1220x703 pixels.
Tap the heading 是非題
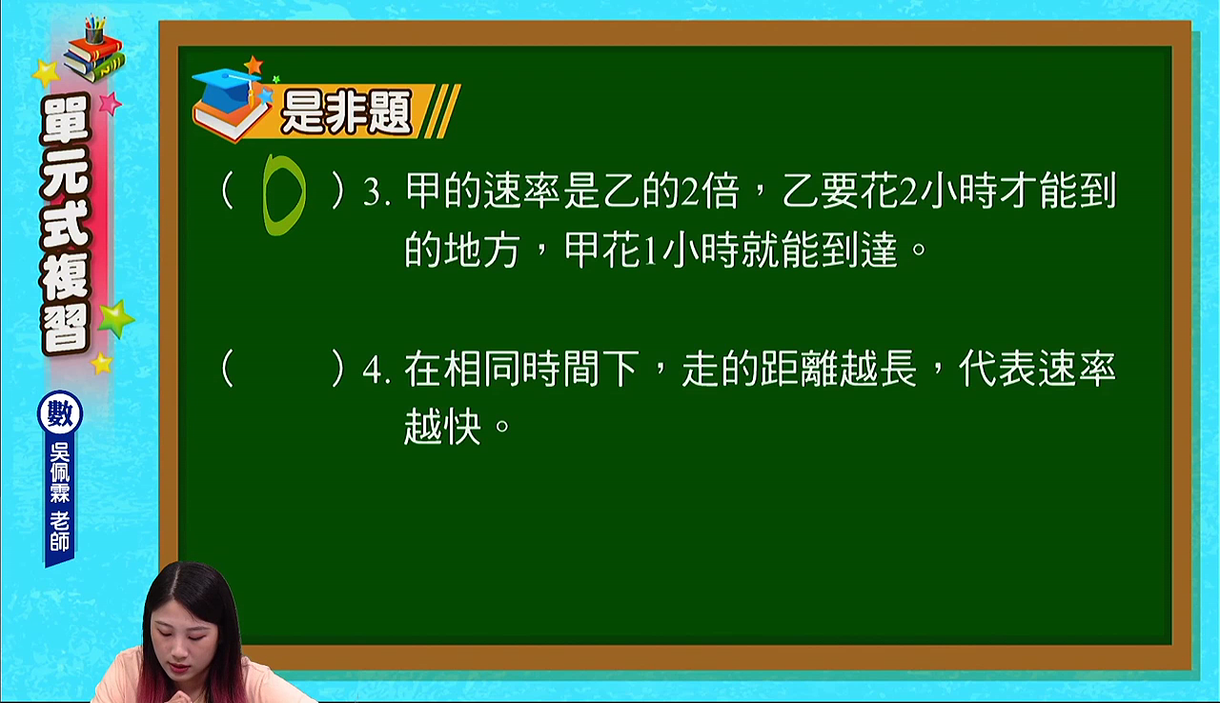coord(346,111)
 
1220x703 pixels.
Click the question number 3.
coord(376,192)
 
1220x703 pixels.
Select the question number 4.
coord(376,371)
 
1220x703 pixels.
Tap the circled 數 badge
coord(60,413)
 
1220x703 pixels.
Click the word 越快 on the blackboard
coord(443,426)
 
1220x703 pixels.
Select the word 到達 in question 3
coord(859,250)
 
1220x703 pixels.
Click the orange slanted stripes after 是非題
coord(442,111)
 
